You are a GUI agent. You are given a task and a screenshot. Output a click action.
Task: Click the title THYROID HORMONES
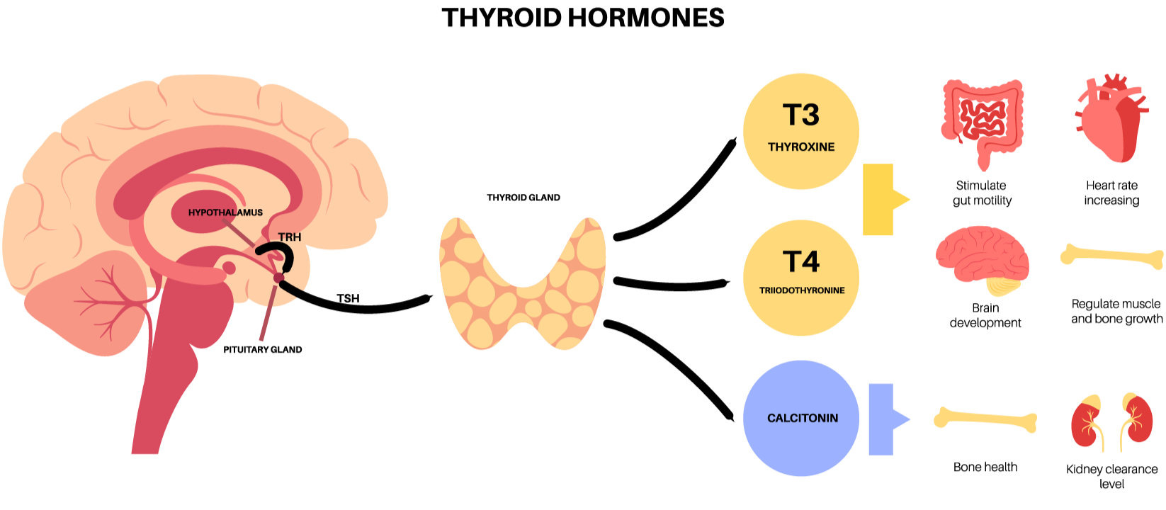tap(582, 18)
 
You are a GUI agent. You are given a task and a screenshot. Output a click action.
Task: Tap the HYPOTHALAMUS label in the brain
tap(225, 212)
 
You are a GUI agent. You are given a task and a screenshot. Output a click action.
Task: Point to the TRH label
tap(289, 237)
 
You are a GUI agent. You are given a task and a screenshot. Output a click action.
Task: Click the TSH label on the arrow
tap(348, 298)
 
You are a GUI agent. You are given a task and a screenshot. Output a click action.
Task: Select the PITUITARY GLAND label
tap(262, 349)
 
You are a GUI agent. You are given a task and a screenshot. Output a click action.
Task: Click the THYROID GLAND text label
tap(523, 198)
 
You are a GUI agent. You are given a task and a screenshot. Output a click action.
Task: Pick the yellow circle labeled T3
tap(800, 131)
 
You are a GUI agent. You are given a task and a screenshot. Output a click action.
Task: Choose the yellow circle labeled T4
tap(800, 277)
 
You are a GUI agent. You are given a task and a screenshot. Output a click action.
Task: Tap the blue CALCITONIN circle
tap(801, 418)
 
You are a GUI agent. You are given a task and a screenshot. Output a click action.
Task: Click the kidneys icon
tap(1111, 422)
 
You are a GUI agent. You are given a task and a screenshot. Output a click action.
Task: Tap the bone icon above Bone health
tap(985, 420)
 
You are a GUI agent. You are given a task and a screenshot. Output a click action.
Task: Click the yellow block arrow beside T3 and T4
tap(882, 200)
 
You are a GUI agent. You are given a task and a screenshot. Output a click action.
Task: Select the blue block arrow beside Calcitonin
tap(885, 419)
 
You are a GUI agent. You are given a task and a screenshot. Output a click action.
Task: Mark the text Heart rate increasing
tap(1111, 193)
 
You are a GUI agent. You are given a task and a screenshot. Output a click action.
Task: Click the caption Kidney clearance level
tap(1111, 476)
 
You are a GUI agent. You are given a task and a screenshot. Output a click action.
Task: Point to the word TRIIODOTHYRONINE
tap(802, 290)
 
